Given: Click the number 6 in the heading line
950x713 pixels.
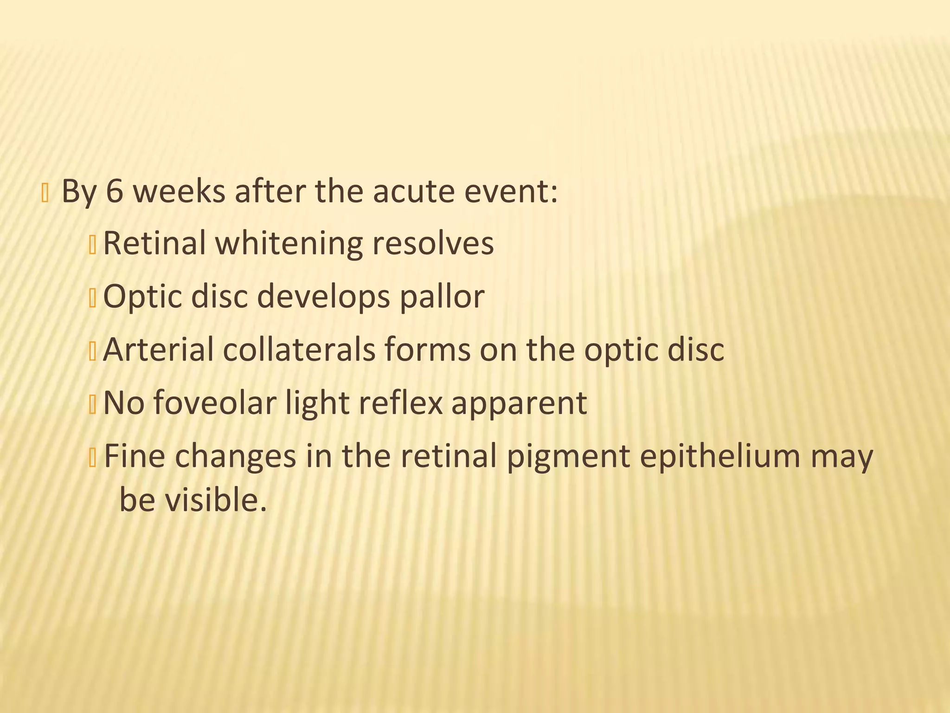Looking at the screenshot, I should click(115, 191).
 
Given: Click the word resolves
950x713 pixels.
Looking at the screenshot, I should click(433, 243).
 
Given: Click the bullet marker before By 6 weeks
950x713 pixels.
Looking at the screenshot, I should click(45, 193).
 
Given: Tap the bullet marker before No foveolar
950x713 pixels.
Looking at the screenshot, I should click(92, 404).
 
